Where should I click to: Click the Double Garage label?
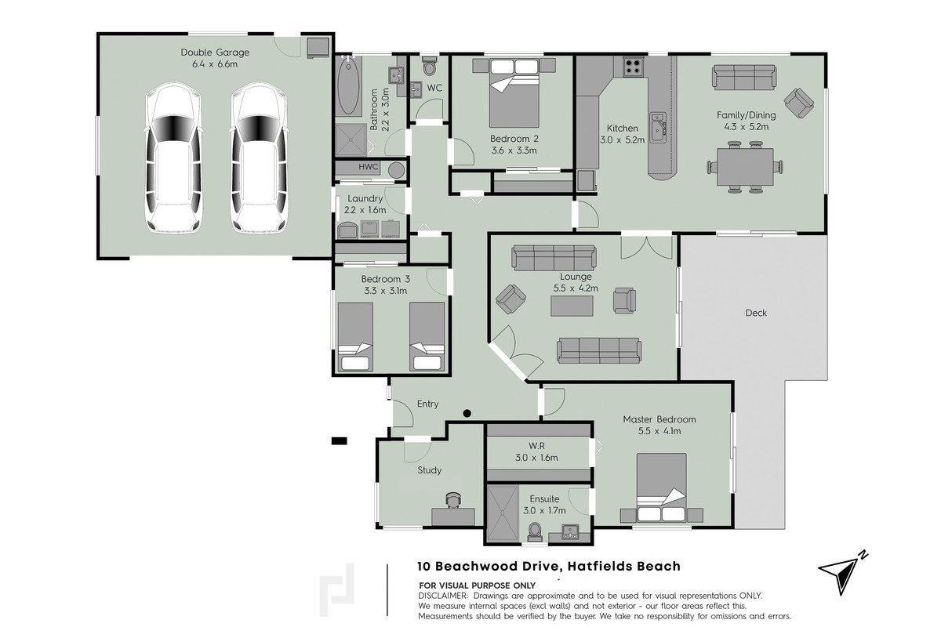(x=215, y=53)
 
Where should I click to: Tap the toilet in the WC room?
(x=430, y=66)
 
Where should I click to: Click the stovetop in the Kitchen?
(x=633, y=67)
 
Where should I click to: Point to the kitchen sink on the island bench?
(x=657, y=127)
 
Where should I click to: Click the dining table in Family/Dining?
(x=745, y=167)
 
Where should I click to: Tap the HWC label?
(x=368, y=167)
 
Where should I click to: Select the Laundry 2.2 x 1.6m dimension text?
(x=365, y=210)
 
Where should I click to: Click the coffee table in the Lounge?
(x=572, y=306)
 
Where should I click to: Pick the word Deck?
(x=756, y=313)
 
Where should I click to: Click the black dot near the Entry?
(x=467, y=414)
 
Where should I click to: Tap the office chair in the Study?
(x=453, y=500)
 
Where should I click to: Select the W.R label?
(x=536, y=446)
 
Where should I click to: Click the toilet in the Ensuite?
(x=535, y=531)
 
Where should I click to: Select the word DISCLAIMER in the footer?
(x=443, y=596)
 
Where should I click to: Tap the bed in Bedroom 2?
(x=514, y=92)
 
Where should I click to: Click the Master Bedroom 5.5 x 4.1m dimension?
(x=659, y=431)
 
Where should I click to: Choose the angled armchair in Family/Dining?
(x=798, y=103)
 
